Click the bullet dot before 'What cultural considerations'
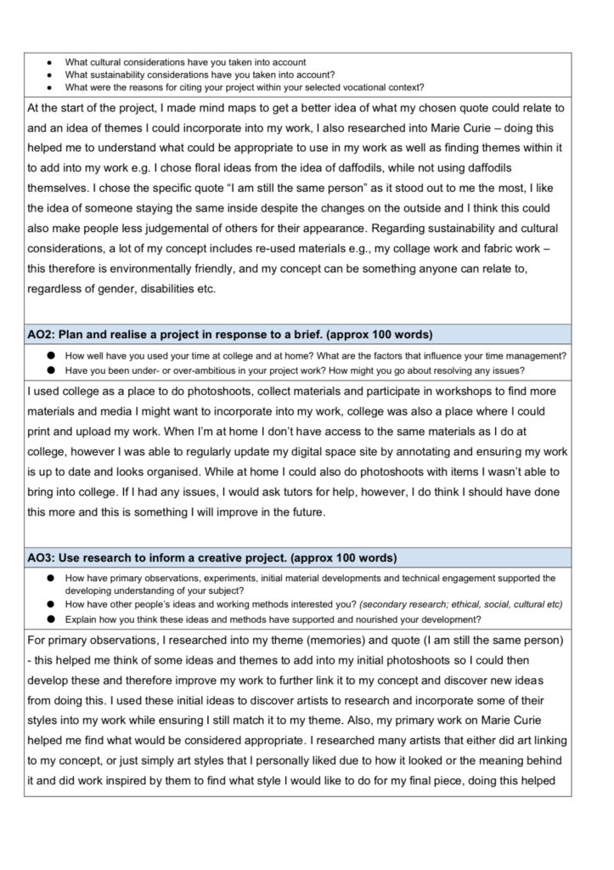(x=51, y=63)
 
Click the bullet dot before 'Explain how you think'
(x=51, y=618)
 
